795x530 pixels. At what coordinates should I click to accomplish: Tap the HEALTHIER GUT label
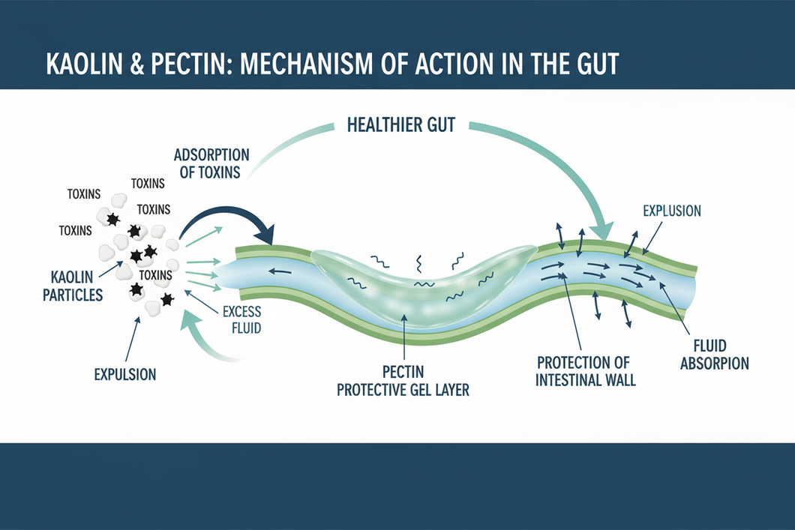coord(401,124)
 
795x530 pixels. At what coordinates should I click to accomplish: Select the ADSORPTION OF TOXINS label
coord(211,163)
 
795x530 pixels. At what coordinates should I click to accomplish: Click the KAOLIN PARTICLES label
coord(73,286)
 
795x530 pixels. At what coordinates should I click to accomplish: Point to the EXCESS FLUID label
coord(241,319)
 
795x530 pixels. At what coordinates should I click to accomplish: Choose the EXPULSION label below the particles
coord(125,374)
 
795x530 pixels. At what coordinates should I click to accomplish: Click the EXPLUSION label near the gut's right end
coord(672,211)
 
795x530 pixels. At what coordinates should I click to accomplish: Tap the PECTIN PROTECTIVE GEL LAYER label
coord(403,381)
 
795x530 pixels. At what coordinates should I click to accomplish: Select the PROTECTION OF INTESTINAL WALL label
coord(585,371)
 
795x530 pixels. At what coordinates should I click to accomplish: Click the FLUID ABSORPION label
coord(715,355)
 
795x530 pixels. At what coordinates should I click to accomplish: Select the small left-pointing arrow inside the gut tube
coord(280,271)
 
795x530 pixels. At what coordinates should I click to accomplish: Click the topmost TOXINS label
coord(148,184)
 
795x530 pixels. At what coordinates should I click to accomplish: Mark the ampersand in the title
coord(137,64)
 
